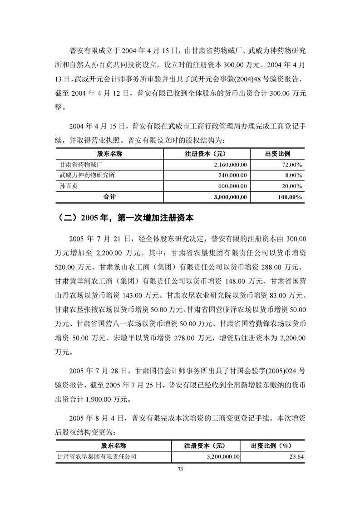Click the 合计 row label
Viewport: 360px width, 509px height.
coord(110,197)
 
